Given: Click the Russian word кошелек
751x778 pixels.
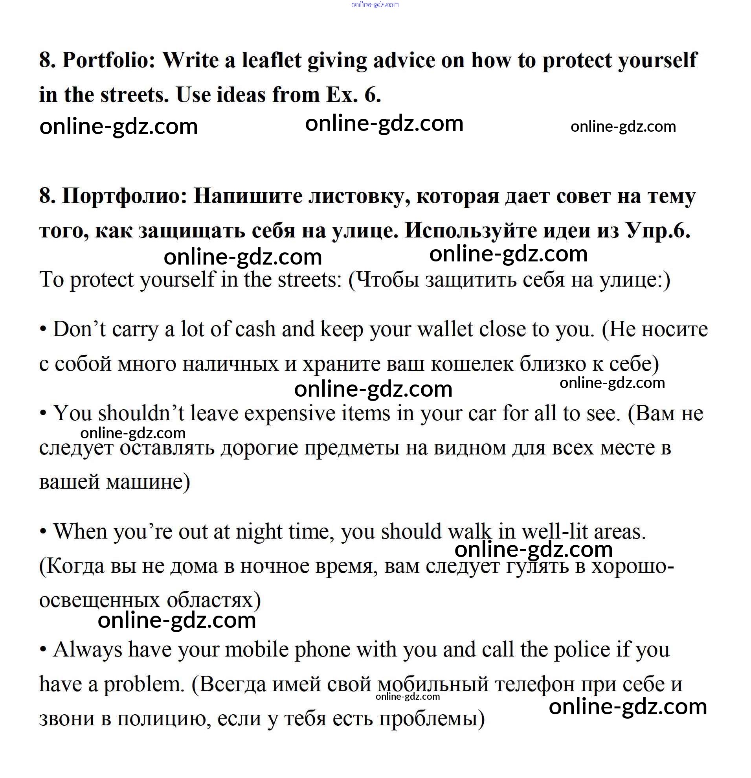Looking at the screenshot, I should click(x=472, y=364).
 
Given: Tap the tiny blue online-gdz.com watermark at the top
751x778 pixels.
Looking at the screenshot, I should click(x=375, y=5).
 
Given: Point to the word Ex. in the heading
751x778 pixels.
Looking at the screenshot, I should click(x=342, y=95).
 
